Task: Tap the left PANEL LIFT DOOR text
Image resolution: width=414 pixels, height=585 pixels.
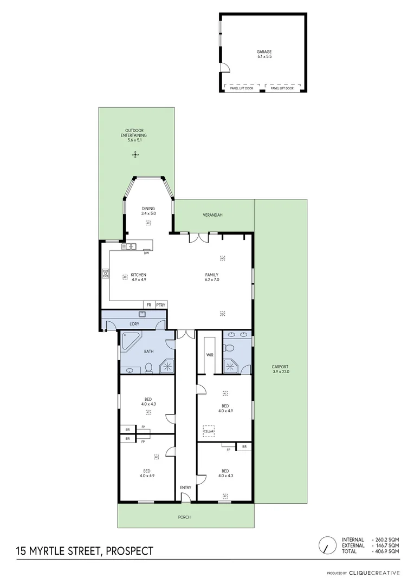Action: coord(242,88)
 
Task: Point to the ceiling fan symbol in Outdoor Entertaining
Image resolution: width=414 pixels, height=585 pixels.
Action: coord(135,155)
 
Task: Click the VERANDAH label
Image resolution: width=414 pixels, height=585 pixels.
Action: coord(213,215)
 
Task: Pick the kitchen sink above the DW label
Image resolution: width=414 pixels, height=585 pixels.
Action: coord(131,247)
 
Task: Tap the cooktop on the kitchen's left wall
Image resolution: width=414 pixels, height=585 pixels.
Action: coord(105,274)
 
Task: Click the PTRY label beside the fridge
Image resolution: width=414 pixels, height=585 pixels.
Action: coord(160,305)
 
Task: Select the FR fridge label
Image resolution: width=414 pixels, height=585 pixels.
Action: coord(148,305)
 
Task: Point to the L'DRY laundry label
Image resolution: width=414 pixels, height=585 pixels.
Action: coord(134,324)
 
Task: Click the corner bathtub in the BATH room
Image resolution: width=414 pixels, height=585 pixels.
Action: coord(130,341)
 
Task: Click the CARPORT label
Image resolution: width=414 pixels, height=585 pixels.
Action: coord(280,369)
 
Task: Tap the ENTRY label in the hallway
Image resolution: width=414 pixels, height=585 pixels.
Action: coord(185,487)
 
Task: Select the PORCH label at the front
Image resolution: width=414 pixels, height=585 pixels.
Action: coord(184,517)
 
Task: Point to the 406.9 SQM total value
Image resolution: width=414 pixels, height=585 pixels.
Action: coord(388,551)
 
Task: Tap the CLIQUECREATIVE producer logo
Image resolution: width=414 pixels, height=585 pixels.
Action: coord(374,573)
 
